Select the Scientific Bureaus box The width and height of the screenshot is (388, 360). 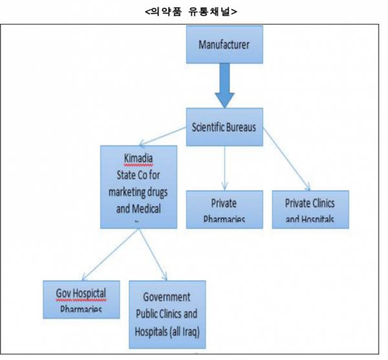[224, 127]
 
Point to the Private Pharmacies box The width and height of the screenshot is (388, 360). [224, 208]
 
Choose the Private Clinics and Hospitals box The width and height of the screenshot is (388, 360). [310, 208]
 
